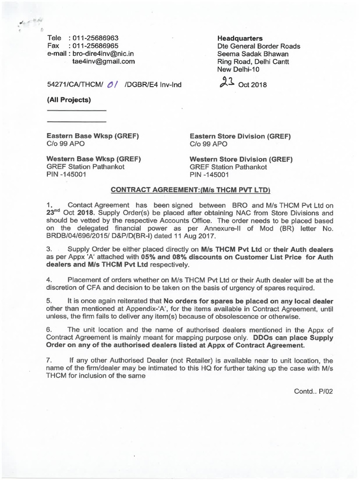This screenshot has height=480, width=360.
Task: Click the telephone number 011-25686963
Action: pos(93,38)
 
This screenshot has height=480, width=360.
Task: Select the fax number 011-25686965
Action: pos(93,46)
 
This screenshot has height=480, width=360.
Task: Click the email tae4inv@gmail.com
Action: pos(103,61)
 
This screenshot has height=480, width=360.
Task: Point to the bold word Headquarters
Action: pos(240,38)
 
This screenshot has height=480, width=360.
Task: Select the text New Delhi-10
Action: pos(238,69)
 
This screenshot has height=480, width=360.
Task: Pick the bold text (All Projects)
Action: pos(69,99)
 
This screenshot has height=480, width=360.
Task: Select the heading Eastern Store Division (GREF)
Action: pos(240,136)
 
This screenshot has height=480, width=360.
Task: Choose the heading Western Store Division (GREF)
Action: pos(241,159)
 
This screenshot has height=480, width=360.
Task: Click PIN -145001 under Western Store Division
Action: pos(210,175)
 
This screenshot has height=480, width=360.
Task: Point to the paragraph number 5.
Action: pos(49,300)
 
